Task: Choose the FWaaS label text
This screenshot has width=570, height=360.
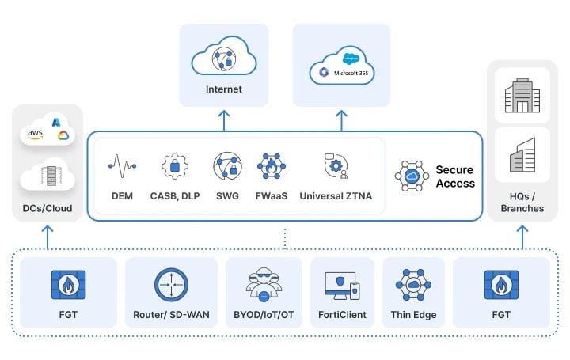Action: (271, 195)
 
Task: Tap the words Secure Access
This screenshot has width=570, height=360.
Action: (455, 176)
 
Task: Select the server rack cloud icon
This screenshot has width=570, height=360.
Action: (47, 176)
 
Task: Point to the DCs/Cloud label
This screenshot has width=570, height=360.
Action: (47, 208)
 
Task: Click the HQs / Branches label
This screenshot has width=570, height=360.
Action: (522, 202)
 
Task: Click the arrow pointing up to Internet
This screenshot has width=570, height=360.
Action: (223, 119)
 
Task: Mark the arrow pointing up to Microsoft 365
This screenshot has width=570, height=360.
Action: (341, 119)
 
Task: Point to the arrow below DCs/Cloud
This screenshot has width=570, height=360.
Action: (47, 237)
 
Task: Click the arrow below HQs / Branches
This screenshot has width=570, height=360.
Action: (521, 237)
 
